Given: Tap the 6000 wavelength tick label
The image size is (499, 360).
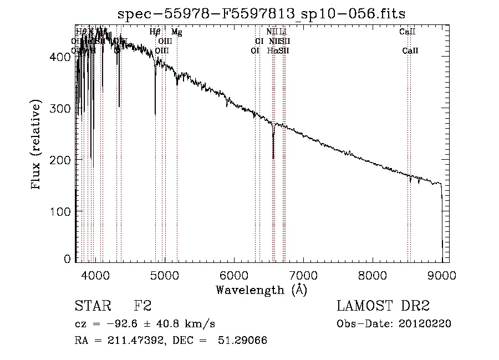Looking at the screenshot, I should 234,274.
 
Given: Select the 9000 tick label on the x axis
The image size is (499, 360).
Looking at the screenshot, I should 442,274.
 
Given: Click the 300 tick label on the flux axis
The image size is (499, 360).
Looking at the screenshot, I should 62,108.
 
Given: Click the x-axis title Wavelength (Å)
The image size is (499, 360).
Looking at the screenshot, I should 261,290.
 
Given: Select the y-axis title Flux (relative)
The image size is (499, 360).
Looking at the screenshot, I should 37,145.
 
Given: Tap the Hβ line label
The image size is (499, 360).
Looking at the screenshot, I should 156,32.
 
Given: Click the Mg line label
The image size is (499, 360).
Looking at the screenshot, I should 176,32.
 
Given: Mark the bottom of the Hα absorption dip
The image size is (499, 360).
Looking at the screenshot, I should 273,159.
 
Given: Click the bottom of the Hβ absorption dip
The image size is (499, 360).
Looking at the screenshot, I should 155,115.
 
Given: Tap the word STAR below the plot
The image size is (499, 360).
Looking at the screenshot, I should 91,306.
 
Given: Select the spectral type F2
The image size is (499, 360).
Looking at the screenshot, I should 142,306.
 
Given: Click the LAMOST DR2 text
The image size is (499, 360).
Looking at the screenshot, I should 383,306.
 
